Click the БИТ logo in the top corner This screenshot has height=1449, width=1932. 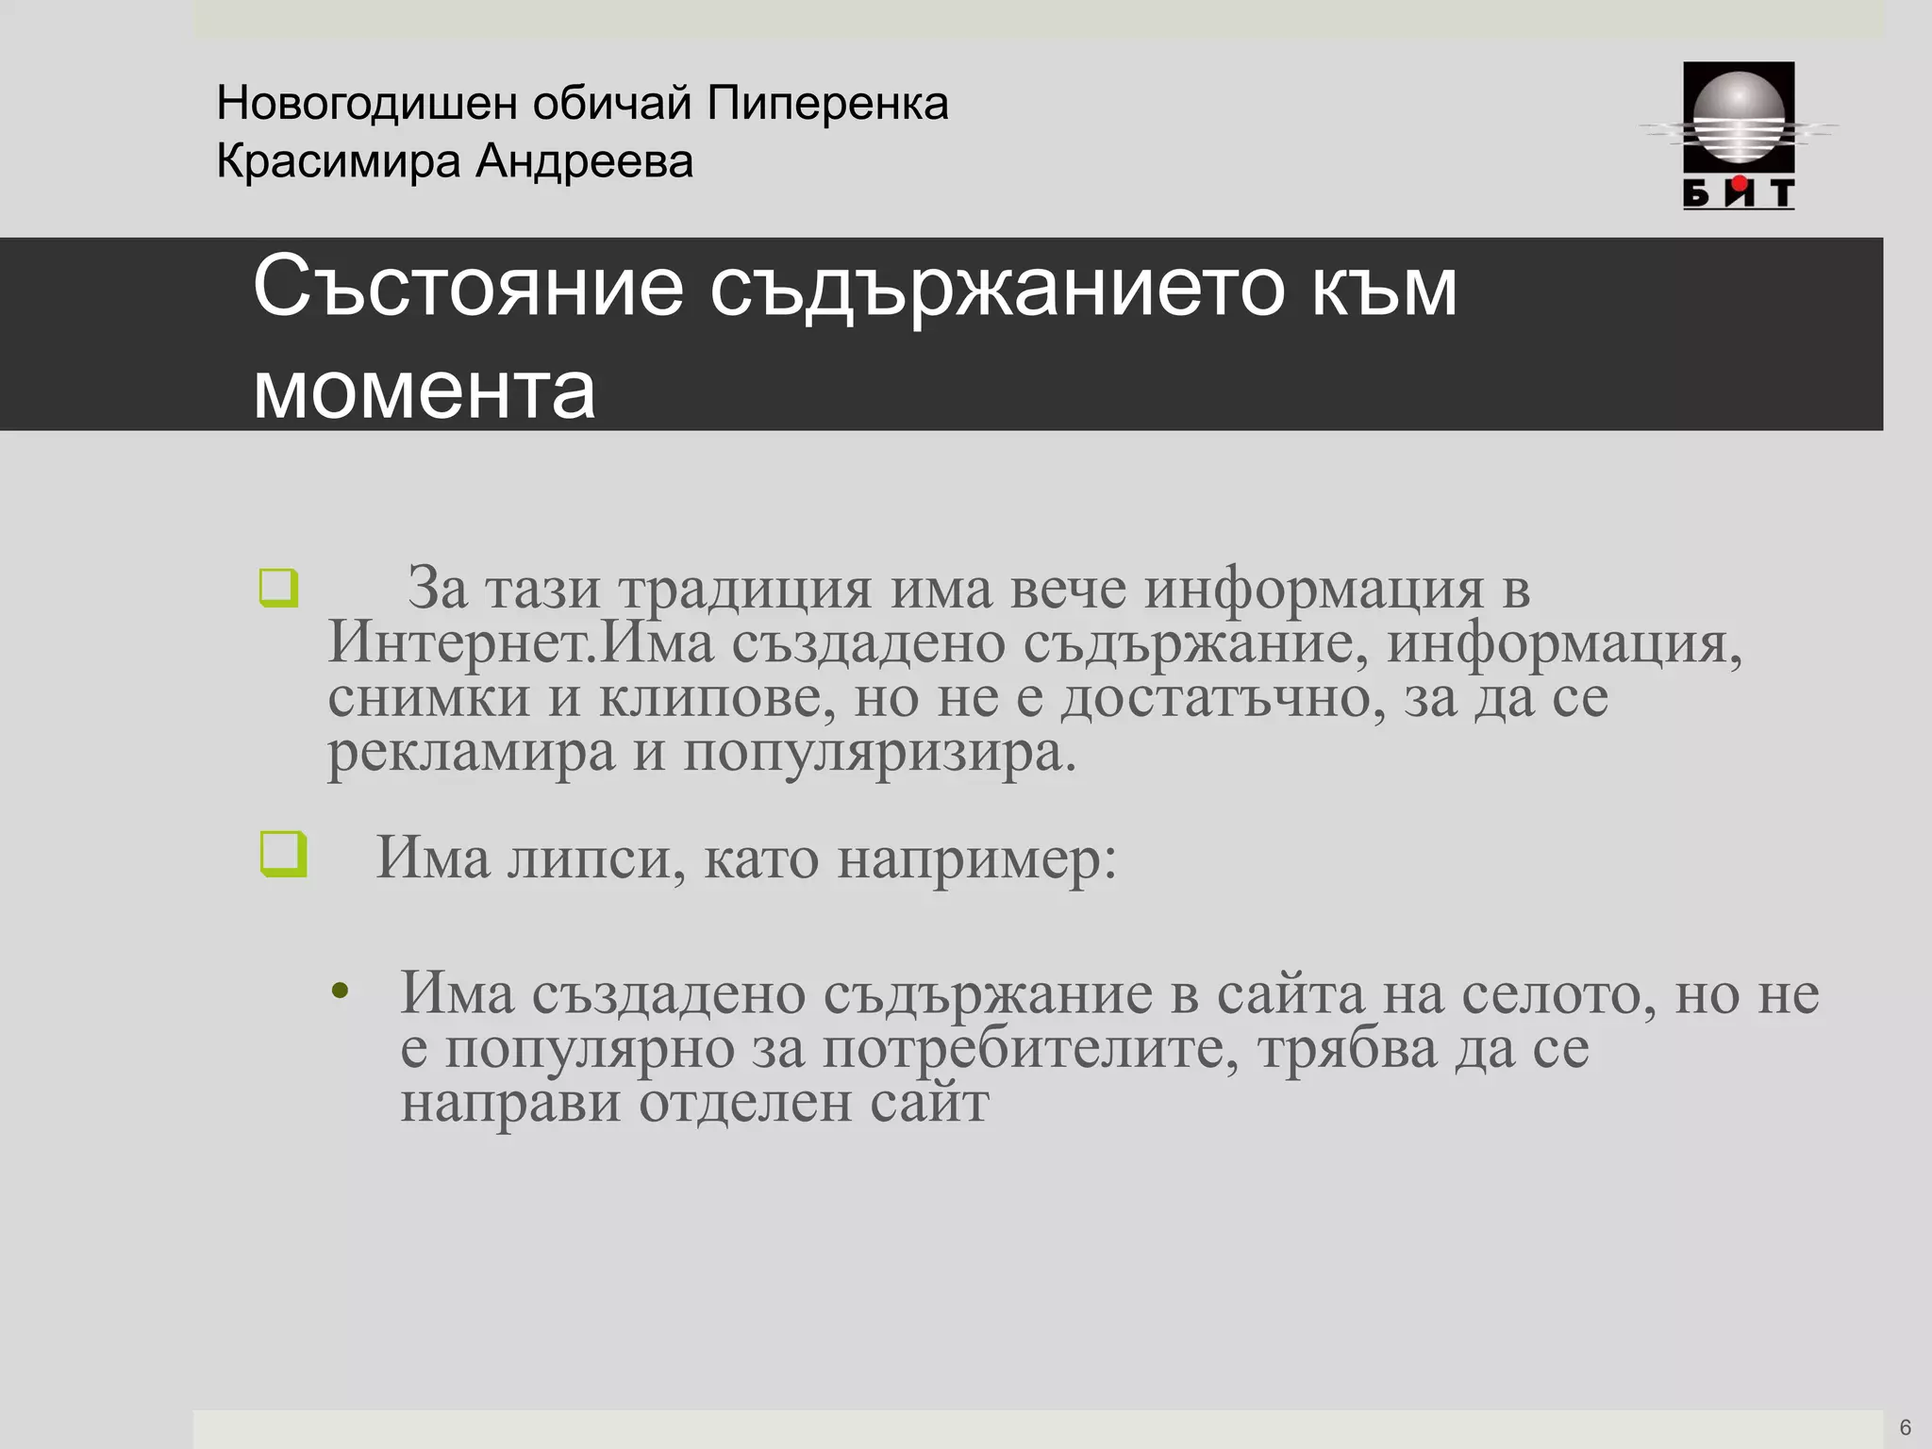[1739, 135]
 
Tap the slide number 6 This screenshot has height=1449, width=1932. [1905, 1427]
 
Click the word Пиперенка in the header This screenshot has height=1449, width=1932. [827, 103]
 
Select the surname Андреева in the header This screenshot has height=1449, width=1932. [584, 161]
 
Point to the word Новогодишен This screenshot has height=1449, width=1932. [366, 103]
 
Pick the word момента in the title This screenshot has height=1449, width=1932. [425, 390]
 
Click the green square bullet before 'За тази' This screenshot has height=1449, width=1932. [279, 588]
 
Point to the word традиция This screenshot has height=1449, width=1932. [745, 590]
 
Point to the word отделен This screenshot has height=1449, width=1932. [744, 1103]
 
